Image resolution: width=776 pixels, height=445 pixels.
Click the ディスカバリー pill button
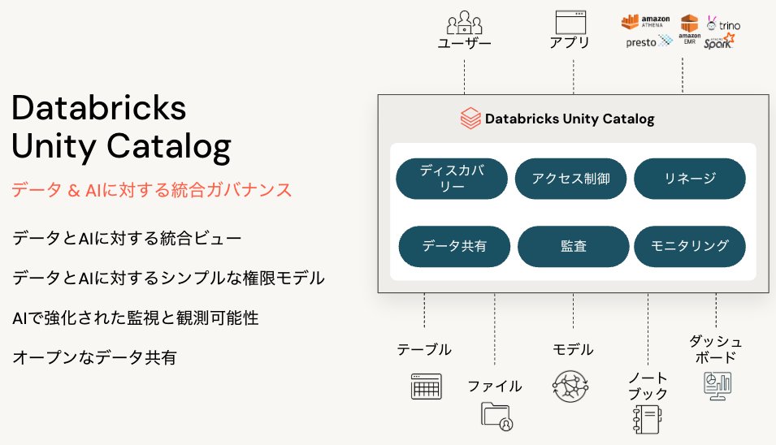[x=452, y=179]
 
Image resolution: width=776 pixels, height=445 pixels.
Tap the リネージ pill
[x=690, y=179]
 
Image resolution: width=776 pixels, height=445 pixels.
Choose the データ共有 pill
[x=454, y=246]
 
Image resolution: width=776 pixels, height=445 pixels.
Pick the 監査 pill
[x=573, y=246]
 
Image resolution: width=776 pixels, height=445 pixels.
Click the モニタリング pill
[x=690, y=246]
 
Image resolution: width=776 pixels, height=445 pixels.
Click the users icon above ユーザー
[x=464, y=22]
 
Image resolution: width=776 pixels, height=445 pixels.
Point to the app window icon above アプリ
[x=570, y=22]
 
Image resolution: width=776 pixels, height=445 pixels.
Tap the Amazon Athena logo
[x=647, y=21]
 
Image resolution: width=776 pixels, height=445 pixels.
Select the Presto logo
[x=648, y=41]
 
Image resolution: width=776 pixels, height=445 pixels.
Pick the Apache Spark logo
[x=719, y=41]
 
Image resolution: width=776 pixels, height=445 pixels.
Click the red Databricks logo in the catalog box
[x=470, y=119]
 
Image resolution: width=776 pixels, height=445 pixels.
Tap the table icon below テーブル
[x=426, y=386]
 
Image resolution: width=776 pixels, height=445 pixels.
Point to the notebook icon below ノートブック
[x=648, y=421]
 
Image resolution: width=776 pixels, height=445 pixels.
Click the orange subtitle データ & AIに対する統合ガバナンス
[x=151, y=190]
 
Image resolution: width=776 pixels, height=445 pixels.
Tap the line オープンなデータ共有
[x=94, y=356]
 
